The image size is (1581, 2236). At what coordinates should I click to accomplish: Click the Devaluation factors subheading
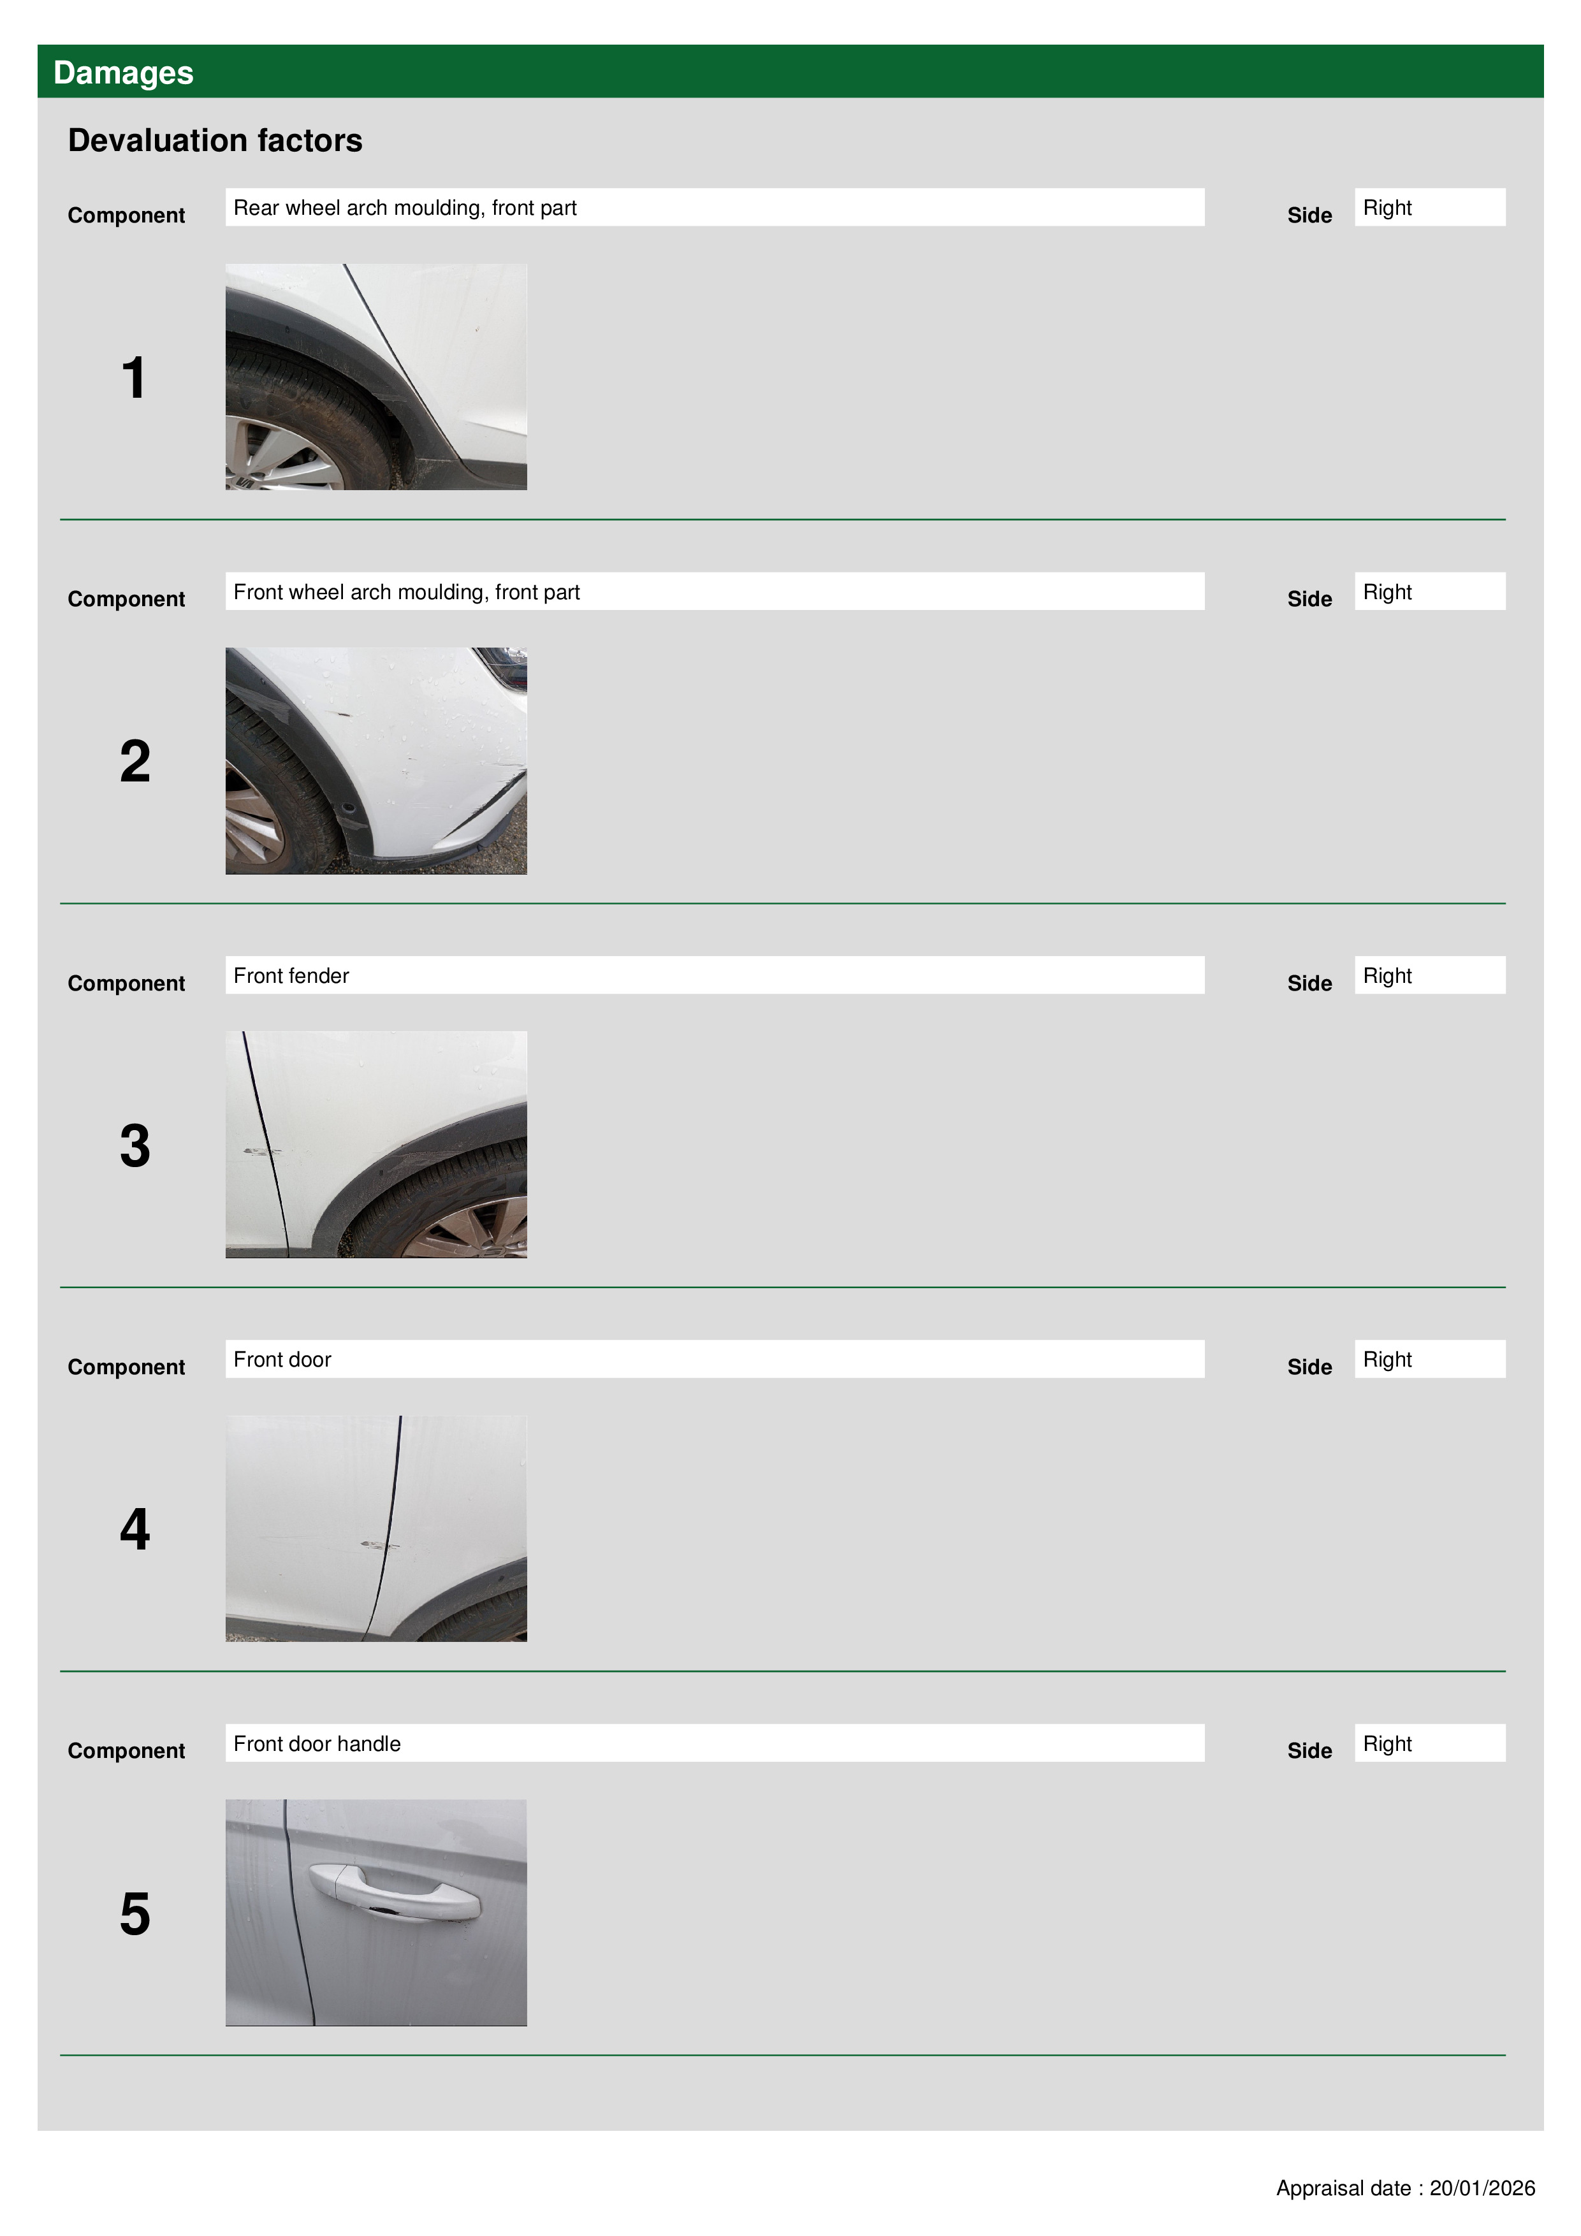(215, 140)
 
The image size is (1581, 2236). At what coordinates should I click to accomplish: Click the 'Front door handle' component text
(317, 1743)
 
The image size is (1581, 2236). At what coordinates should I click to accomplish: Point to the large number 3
(135, 1145)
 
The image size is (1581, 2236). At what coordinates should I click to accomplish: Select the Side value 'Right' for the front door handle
(1429, 1743)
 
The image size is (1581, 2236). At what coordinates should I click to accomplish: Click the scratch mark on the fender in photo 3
(262, 1152)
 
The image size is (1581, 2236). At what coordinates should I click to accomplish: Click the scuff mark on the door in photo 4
(379, 1544)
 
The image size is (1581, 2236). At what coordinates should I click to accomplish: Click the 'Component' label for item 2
(126, 599)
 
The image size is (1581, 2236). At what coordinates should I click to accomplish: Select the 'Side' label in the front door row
(1309, 1367)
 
